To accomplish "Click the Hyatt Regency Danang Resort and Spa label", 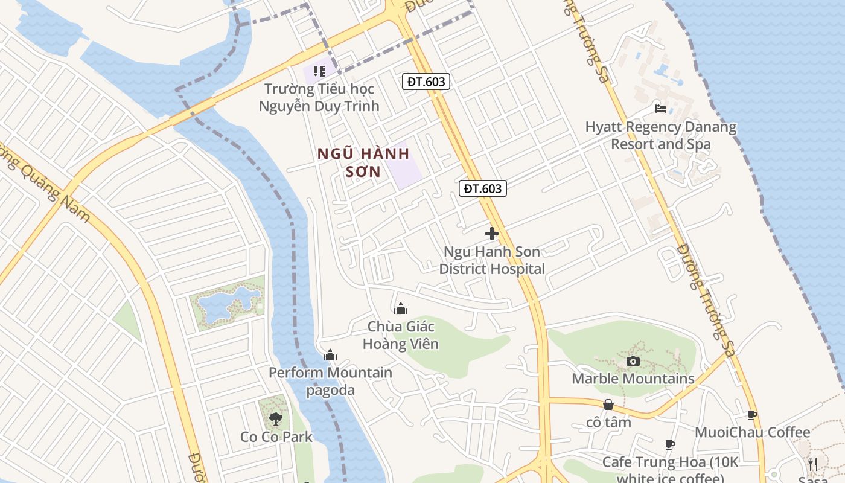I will pos(661,136).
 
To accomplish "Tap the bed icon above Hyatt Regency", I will pos(661,109).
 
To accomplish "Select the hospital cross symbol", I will pos(492,234).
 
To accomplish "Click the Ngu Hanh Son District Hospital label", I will pos(492,260).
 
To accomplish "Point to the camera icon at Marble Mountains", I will pos(633,361).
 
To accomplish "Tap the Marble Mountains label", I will pos(633,379).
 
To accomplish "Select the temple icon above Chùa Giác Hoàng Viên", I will pos(400,309).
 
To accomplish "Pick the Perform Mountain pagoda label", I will pos(330,381).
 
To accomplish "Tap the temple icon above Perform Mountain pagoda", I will pos(330,355).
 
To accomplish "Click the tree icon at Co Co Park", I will pos(276,418).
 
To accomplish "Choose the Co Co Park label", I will pos(276,437).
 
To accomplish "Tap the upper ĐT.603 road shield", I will pos(427,82).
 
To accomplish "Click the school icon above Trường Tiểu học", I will pos(319,71).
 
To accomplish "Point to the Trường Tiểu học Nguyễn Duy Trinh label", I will pos(319,97).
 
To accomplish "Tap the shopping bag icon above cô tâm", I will pos(608,405).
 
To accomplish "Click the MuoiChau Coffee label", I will pos(752,432).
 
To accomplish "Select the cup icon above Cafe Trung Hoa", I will pos(669,444).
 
